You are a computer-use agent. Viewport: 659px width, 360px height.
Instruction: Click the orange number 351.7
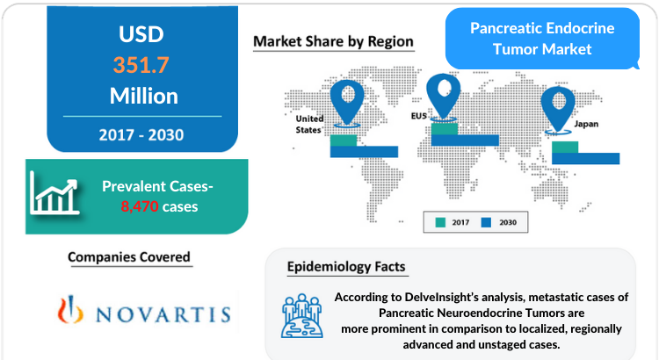(141, 65)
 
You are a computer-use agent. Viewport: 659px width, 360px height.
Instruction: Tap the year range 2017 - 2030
(141, 135)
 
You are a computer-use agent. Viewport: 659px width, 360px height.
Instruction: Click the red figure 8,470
(140, 206)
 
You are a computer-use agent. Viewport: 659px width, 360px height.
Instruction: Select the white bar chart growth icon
(54, 194)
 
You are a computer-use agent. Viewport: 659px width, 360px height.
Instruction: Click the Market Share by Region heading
(333, 41)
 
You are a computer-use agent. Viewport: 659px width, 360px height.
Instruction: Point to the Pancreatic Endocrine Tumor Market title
(542, 39)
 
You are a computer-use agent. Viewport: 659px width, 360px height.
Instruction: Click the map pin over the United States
(347, 104)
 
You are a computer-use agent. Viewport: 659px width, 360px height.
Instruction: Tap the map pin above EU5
(443, 97)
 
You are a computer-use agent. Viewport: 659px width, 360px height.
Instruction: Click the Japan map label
(586, 124)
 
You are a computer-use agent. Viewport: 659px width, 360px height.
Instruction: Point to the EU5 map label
(418, 116)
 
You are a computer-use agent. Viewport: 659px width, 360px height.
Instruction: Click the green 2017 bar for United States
(344, 140)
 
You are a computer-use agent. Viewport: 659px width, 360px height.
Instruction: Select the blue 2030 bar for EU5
(465, 140)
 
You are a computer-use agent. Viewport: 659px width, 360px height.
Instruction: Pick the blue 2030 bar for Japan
(585, 158)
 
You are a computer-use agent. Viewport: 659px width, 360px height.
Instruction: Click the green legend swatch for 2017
(440, 222)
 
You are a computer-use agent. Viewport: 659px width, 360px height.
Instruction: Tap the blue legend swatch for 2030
(486, 222)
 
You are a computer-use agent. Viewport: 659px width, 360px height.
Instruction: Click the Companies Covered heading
(129, 256)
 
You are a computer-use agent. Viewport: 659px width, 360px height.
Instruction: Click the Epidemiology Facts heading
(346, 267)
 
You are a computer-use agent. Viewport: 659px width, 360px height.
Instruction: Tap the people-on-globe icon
(302, 316)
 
